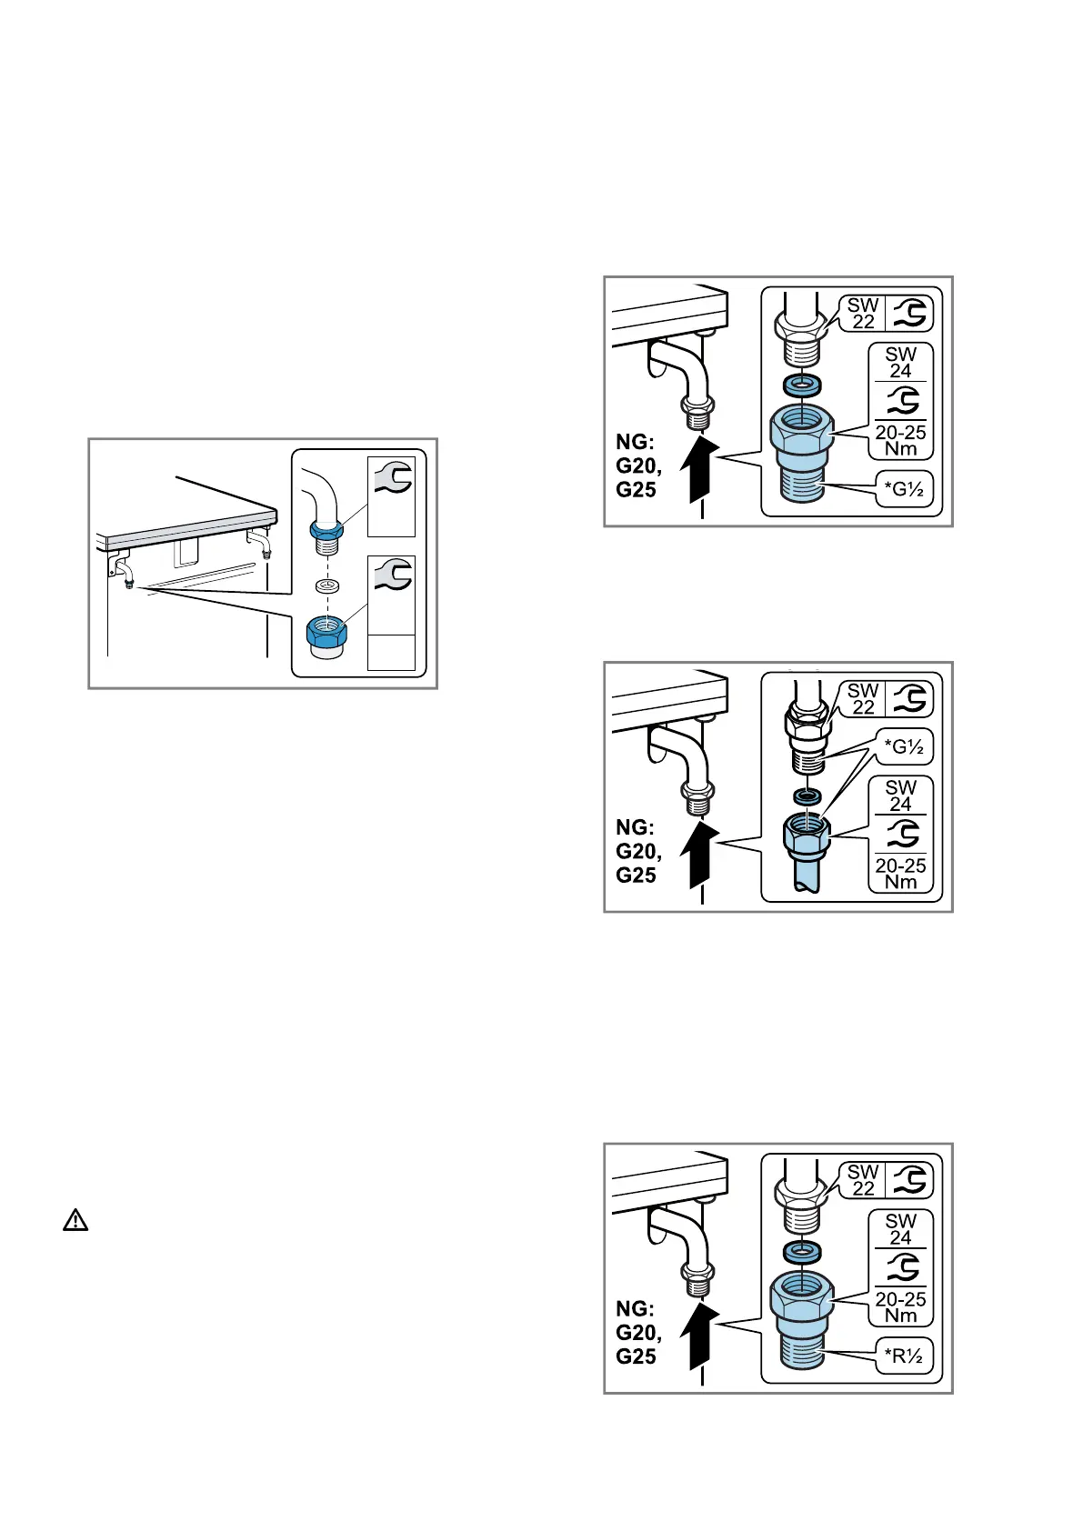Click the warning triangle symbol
(75, 1221)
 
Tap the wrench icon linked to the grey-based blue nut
(391, 576)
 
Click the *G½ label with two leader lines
(903, 747)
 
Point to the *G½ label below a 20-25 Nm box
(903, 493)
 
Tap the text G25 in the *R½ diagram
(636, 1356)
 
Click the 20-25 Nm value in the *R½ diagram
(900, 1307)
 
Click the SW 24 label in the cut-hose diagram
(900, 795)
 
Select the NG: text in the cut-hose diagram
(635, 827)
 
